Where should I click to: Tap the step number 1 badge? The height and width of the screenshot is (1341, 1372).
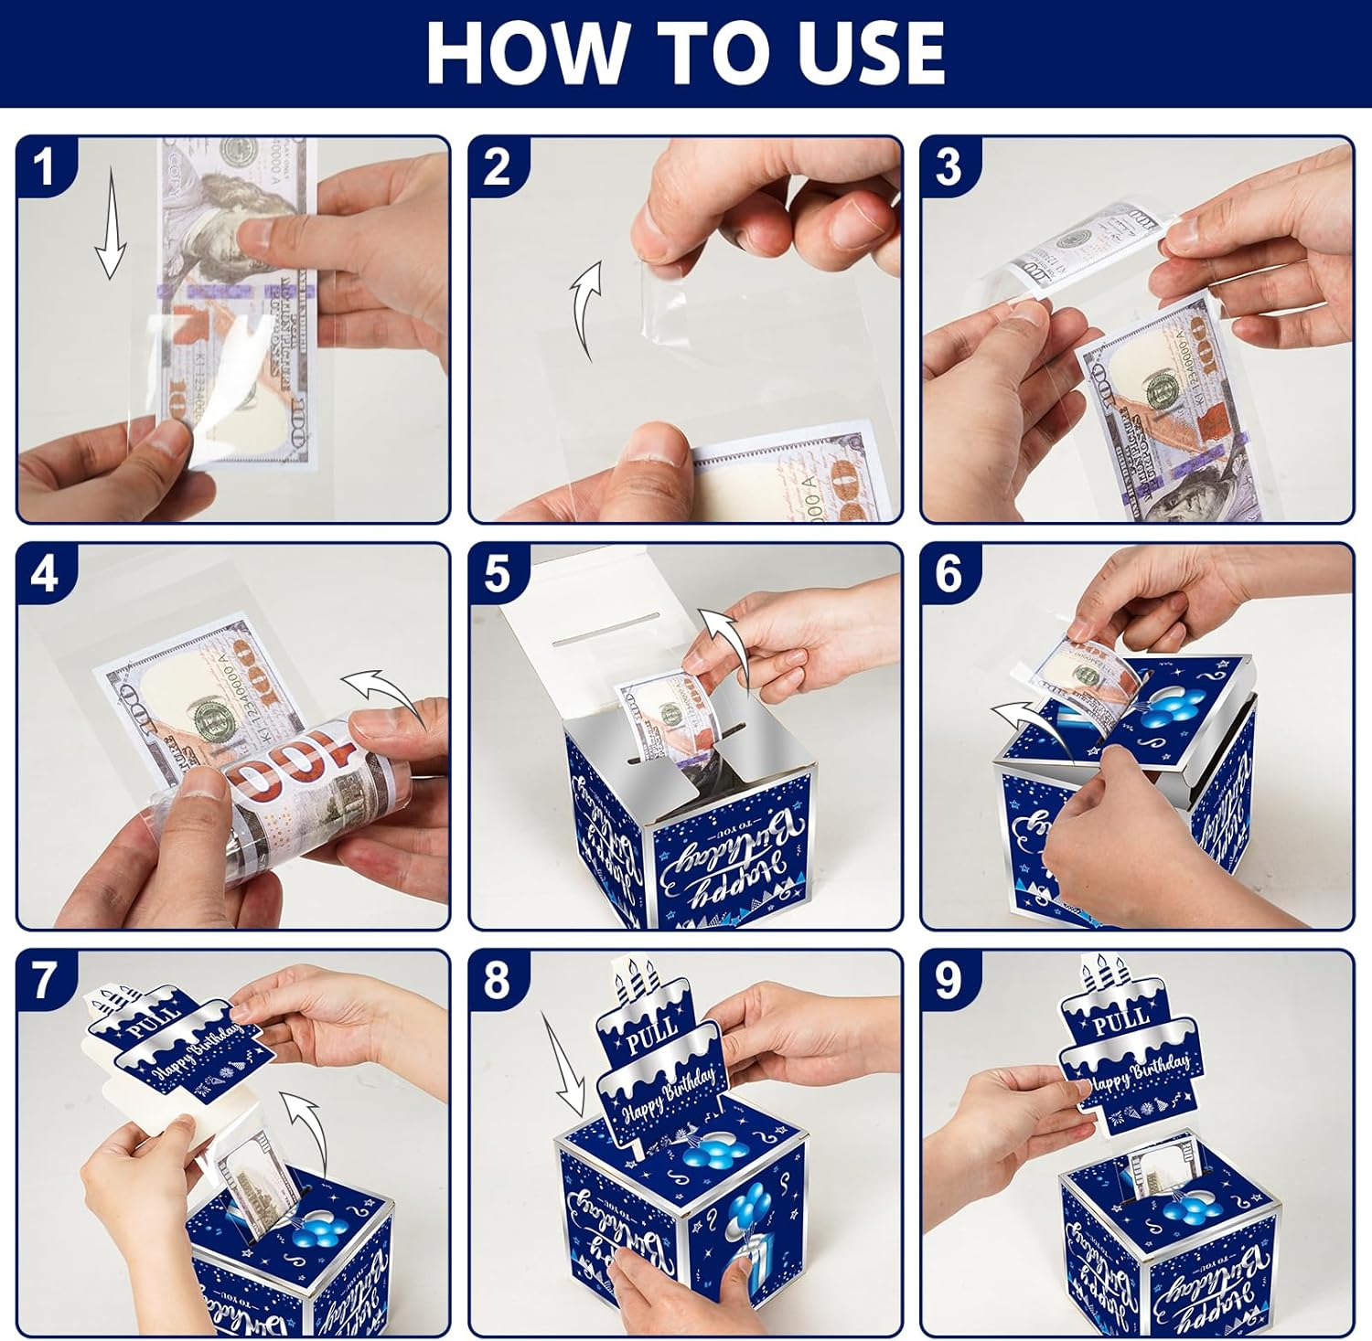44,167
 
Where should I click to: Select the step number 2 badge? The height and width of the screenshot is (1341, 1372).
497,167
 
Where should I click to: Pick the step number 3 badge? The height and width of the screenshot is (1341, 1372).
949,167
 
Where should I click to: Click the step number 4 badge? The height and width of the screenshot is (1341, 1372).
44,574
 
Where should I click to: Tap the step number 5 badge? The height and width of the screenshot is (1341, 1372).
497,574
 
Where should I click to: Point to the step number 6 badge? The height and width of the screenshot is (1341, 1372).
949,574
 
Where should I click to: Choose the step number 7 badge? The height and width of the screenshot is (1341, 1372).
44,981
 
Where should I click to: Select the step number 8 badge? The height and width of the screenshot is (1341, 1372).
497,981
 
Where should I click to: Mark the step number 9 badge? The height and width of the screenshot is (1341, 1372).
949,981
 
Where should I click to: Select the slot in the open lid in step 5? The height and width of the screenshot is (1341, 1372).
608,632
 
